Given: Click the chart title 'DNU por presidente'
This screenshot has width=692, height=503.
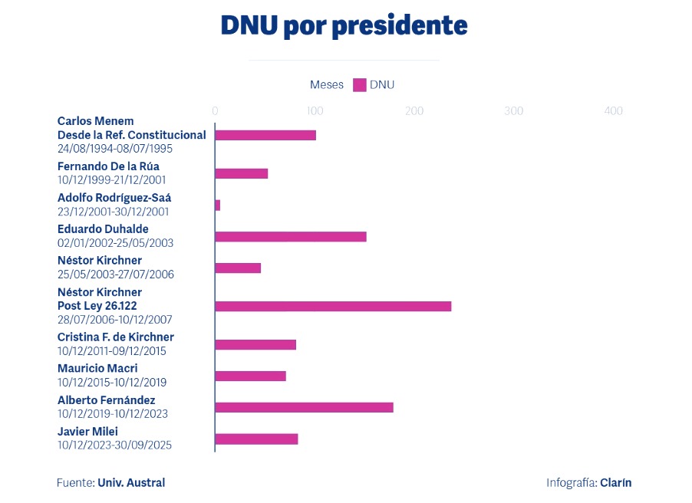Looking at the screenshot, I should (x=344, y=26).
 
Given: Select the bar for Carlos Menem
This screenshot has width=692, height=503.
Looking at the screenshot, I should (x=265, y=135).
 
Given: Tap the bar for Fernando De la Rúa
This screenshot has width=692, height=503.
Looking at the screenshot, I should (x=242, y=173).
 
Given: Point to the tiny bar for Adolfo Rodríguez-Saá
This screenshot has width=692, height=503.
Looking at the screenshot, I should (x=218, y=205).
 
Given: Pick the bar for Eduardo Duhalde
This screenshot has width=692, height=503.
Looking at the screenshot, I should (x=291, y=236).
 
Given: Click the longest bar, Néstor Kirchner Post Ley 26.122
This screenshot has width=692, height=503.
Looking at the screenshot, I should (x=333, y=306).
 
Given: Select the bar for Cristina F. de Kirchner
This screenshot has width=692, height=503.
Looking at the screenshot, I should (x=255, y=344).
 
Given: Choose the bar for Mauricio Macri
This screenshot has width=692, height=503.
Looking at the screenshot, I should (x=250, y=376).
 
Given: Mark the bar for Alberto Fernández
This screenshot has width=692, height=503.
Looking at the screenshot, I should (x=304, y=407).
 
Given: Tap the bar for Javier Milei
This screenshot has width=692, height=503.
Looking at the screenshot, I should (x=256, y=439).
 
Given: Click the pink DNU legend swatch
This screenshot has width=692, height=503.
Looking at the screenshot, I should (x=359, y=85).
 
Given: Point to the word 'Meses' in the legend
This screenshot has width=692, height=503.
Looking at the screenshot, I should (x=327, y=85).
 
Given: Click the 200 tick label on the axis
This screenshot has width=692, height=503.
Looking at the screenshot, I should (x=414, y=111).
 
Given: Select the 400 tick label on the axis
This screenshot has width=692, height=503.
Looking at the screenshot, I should (x=613, y=111).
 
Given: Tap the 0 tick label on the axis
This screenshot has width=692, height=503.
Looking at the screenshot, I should (x=215, y=111).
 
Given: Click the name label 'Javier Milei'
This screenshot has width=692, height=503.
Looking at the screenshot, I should (x=87, y=432).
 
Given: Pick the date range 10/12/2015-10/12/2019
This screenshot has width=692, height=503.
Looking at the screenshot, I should (x=112, y=383).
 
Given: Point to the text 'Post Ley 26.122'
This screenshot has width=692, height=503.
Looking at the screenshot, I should (x=97, y=306).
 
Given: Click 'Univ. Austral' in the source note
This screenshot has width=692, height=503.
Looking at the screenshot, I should (x=131, y=482).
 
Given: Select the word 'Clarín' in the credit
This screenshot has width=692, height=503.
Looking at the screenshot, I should (x=616, y=482).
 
